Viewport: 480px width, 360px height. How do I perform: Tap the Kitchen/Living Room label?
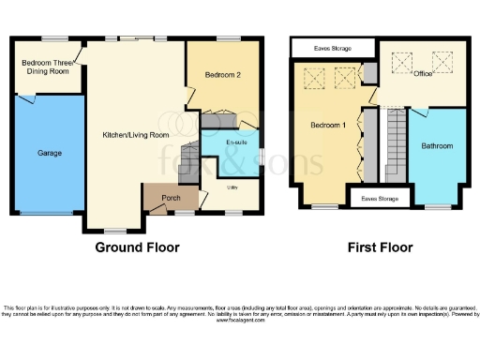point(136,135)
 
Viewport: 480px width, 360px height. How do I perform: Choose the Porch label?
point(171,197)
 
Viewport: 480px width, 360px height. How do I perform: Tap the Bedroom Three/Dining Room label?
point(46,70)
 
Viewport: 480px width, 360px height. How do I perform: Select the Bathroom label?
point(437,146)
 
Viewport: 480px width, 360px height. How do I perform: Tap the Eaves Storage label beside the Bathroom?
point(381,199)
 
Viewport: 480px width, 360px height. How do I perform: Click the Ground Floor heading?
point(137,248)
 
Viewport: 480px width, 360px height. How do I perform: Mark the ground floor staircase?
point(219,120)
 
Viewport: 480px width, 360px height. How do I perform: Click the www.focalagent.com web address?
point(239,320)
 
